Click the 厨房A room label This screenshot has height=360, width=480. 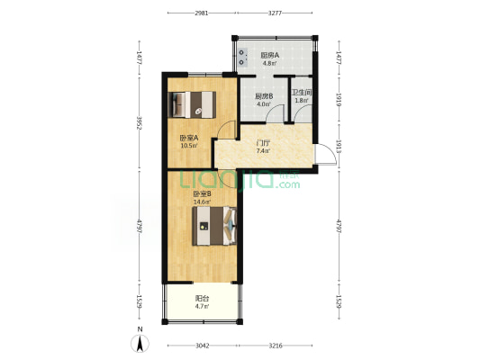click(x=269, y=56)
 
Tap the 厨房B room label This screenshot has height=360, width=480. click(x=264, y=96)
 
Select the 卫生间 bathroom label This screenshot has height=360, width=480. click(x=302, y=93)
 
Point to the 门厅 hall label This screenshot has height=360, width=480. click(x=263, y=143)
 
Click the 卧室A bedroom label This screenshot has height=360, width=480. click(x=189, y=138)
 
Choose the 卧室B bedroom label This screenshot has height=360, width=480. click(x=202, y=193)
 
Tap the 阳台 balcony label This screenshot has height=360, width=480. click(x=202, y=298)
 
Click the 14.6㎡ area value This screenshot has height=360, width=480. click(x=202, y=202)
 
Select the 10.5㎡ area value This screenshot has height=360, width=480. click(x=189, y=146)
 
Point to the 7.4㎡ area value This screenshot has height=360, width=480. click(x=263, y=151)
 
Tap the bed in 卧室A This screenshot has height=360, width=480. click(x=192, y=104)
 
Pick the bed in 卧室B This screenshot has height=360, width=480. click(x=214, y=226)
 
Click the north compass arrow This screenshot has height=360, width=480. click(x=140, y=343)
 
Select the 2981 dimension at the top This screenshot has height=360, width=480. click(x=202, y=13)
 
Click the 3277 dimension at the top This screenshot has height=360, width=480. click(x=275, y=13)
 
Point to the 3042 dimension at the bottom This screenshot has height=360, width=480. click(x=203, y=346)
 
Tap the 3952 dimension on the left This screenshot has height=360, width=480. click(x=140, y=122)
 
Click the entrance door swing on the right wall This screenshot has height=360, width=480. click(x=326, y=154)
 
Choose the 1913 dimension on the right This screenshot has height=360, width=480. click(x=339, y=147)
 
